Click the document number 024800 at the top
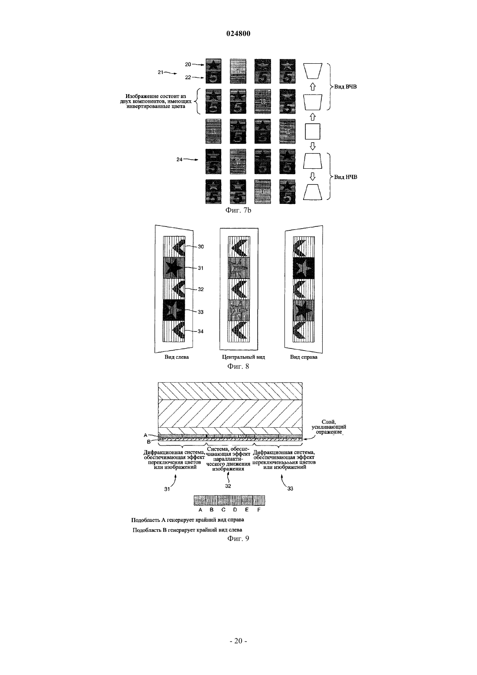tap(238, 33)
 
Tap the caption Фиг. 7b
tap(238, 210)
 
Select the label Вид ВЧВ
tap(346, 87)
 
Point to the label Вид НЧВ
tap(346, 177)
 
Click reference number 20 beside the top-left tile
tap(188, 64)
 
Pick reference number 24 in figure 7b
tap(180, 159)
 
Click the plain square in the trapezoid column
tap(313, 131)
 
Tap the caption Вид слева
tap(176, 357)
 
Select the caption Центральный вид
tap(243, 357)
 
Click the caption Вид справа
tap(304, 357)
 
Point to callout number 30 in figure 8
tap(200, 246)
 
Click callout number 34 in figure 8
tap(200, 331)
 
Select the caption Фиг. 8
tap(238, 366)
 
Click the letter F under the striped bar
tap(259, 510)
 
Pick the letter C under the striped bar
tap(223, 510)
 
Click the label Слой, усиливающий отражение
tap(329, 427)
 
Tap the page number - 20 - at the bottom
tap(238, 641)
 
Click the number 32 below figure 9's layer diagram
tap(228, 486)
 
